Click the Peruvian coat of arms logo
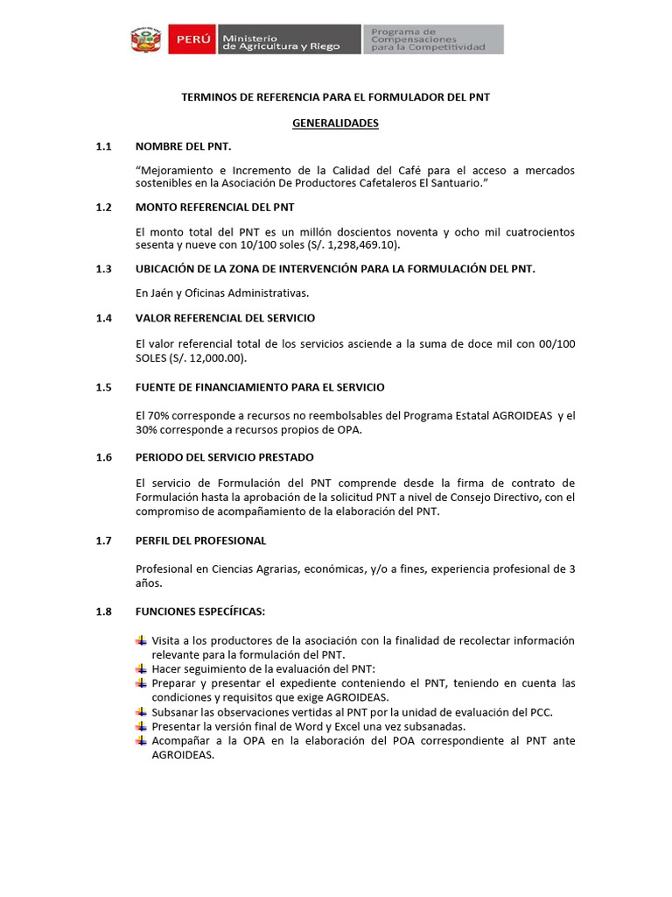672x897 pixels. pyautogui.click(x=146, y=39)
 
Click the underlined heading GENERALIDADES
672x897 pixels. pyautogui.click(x=335, y=124)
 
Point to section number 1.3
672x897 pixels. pyautogui.click(x=104, y=269)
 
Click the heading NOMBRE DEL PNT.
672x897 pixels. pyautogui.click(x=184, y=146)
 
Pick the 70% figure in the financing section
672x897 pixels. pyautogui.click(x=147, y=414)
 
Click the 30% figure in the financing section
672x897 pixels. pyautogui.click(x=147, y=429)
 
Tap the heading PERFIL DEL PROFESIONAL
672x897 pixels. pyautogui.click(x=200, y=540)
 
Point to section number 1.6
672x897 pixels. pyautogui.click(x=104, y=457)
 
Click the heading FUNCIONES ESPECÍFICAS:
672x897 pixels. pyautogui.click(x=199, y=611)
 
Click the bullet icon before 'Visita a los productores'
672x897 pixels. pyautogui.click(x=141, y=640)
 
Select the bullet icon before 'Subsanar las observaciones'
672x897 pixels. pyautogui.click(x=141, y=712)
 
